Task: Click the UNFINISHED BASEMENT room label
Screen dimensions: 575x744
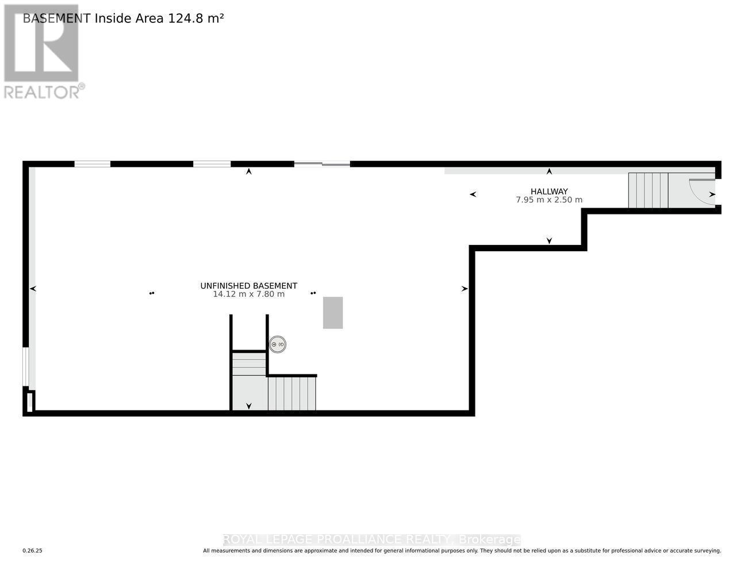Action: tap(248, 286)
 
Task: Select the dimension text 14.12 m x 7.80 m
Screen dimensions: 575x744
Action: tap(248, 294)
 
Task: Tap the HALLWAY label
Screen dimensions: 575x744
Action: tap(549, 191)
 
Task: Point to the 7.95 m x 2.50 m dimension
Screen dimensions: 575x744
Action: tap(549, 200)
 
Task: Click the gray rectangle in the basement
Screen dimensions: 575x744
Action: tap(333, 313)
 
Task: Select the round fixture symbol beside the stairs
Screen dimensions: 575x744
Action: tap(278, 344)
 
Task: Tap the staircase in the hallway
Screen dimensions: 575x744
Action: tap(648, 190)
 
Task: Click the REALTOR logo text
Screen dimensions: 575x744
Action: tap(42, 92)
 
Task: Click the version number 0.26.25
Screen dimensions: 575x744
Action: tap(32, 551)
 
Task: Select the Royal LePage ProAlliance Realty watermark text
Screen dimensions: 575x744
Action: tap(371, 539)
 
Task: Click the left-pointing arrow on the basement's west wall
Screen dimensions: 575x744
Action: tap(33, 289)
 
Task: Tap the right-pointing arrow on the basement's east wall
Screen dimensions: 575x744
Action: tap(465, 289)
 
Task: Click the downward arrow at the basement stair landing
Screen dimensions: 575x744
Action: tap(249, 406)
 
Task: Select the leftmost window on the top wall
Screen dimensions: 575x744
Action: tap(92, 164)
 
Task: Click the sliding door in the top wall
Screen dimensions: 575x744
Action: tap(322, 164)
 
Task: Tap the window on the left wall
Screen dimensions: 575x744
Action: tap(25, 366)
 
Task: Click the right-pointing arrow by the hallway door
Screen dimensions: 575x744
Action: tap(712, 194)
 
